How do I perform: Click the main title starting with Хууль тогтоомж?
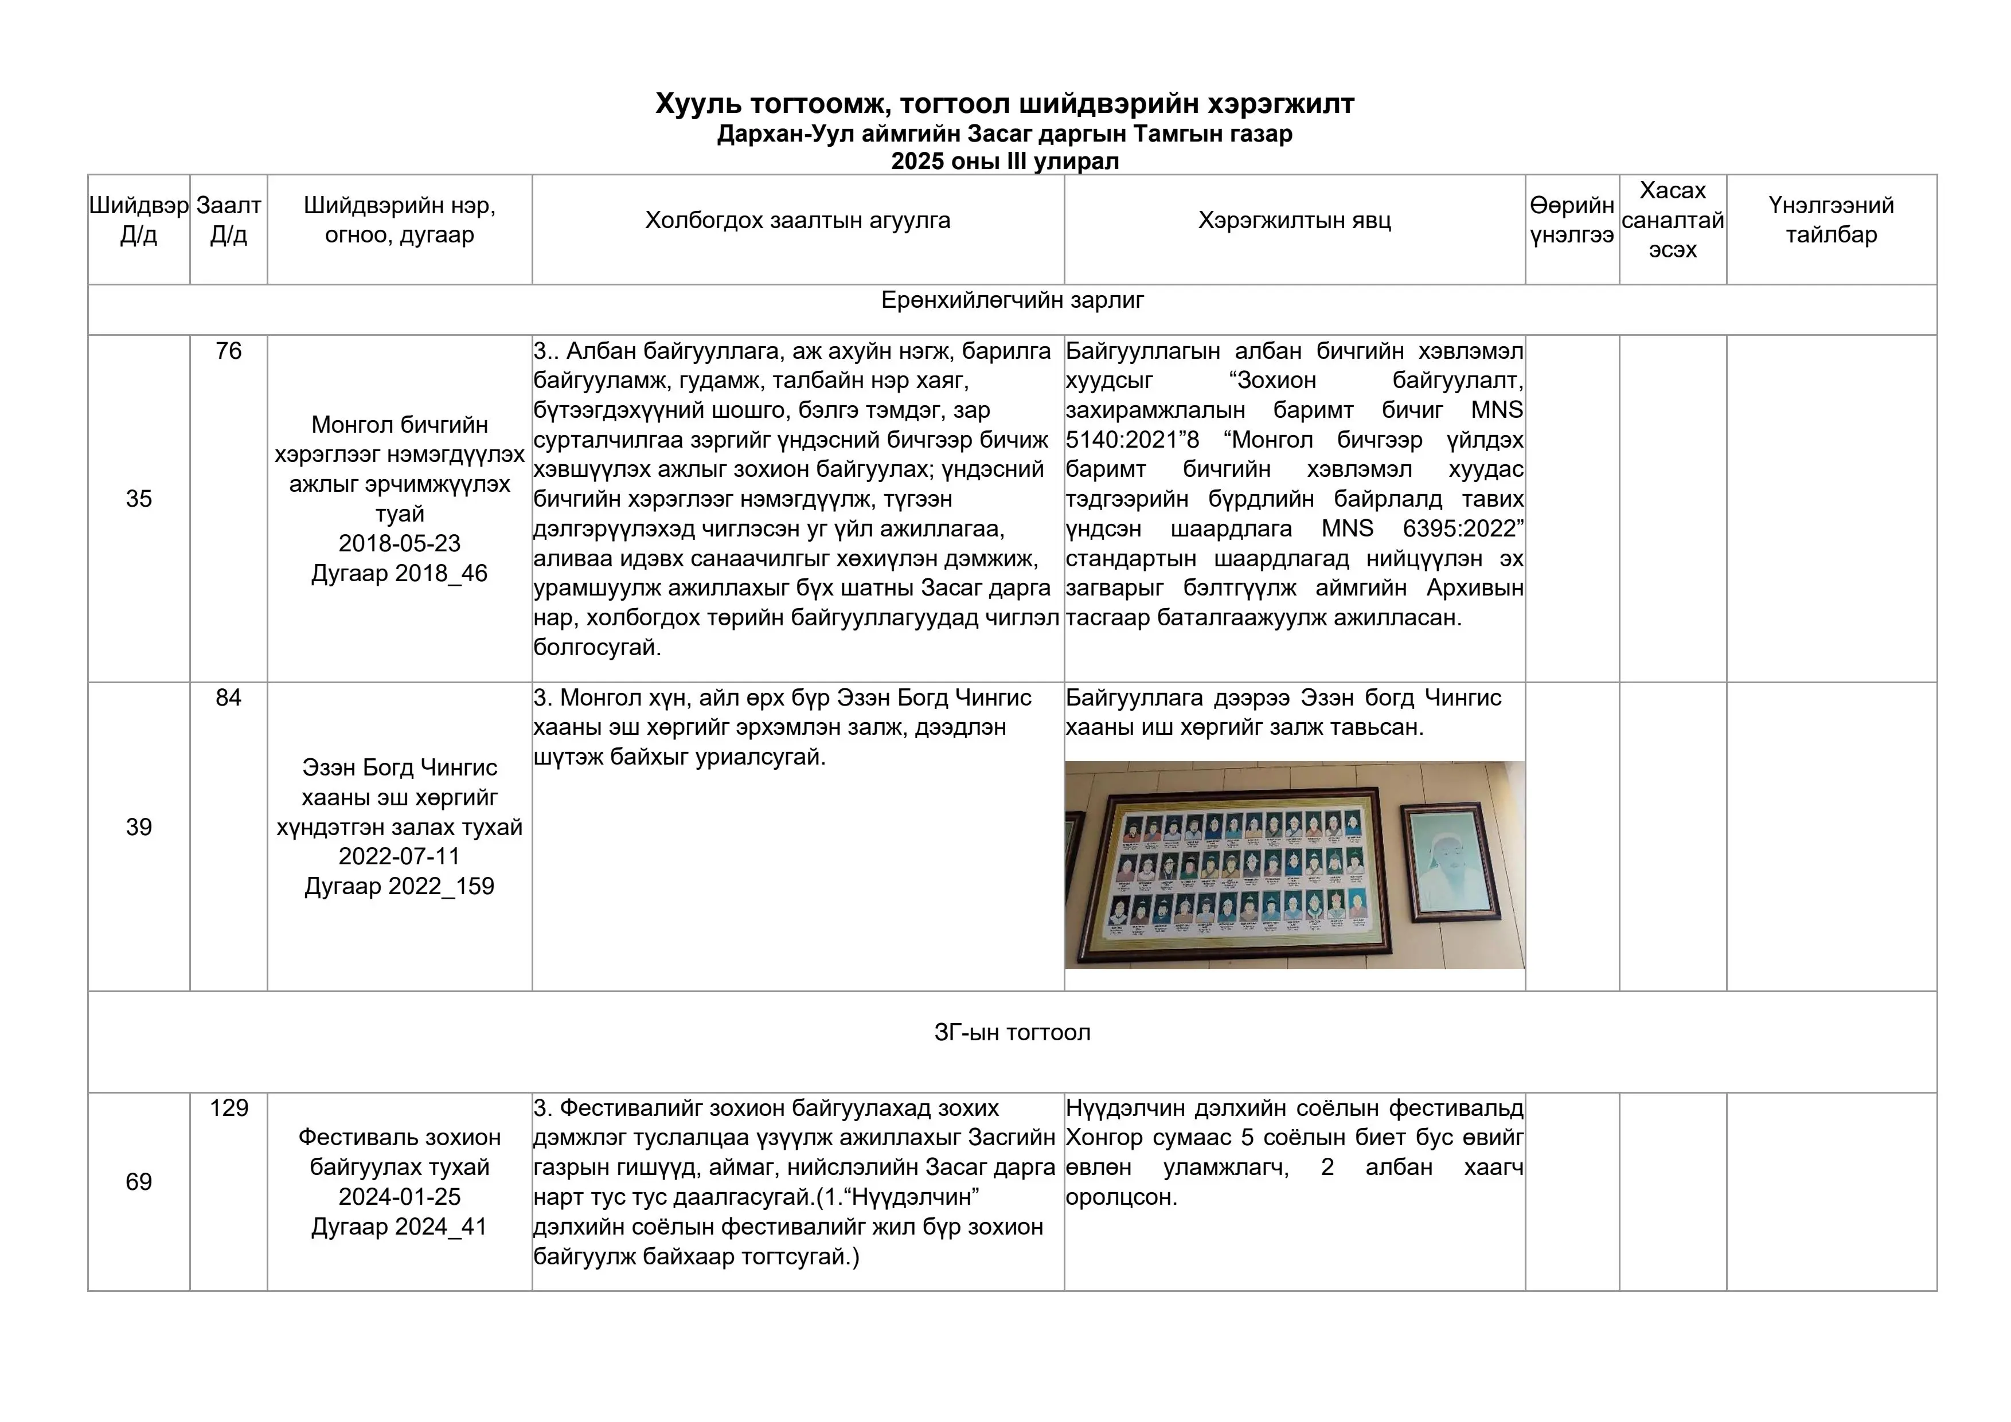pos(1005,104)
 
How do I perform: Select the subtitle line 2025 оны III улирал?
pos(1005,161)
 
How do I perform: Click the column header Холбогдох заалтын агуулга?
pos(797,221)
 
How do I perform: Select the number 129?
pos(229,1108)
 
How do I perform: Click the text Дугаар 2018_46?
pos(400,574)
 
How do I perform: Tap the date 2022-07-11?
pos(400,856)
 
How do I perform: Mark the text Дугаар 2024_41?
pos(400,1227)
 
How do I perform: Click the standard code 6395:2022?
pos(1463,529)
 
